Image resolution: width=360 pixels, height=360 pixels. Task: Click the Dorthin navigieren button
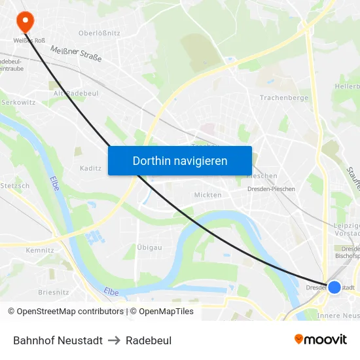[x=180, y=160]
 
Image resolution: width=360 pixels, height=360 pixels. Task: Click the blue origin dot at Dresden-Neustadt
[x=334, y=287]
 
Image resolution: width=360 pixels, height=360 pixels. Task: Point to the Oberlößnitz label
[x=99, y=33]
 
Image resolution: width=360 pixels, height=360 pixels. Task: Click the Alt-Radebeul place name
[x=72, y=94]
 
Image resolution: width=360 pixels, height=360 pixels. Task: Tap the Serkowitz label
[x=18, y=103]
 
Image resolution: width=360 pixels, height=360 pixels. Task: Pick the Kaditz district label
[x=90, y=168]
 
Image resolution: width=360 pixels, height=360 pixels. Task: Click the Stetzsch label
[x=15, y=186]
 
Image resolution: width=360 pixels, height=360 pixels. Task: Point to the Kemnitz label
[x=40, y=250]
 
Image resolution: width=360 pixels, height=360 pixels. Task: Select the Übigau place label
[x=150, y=247]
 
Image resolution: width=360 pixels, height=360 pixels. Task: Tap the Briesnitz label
[x=54, y=293]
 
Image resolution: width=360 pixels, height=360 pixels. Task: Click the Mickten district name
[x=207, y=195]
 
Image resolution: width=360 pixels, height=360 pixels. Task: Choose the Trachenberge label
[x=283, y=98]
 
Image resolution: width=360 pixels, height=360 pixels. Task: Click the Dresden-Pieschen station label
[x=271, y=189]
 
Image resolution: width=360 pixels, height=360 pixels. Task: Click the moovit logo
[x=321, y=339]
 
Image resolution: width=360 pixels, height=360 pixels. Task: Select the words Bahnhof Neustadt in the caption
[x=58, y=340]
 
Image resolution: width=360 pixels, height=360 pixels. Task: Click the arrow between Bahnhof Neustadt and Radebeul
[x=114, y=340]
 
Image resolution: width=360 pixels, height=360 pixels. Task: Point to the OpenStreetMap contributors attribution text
[x=70, y=312]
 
